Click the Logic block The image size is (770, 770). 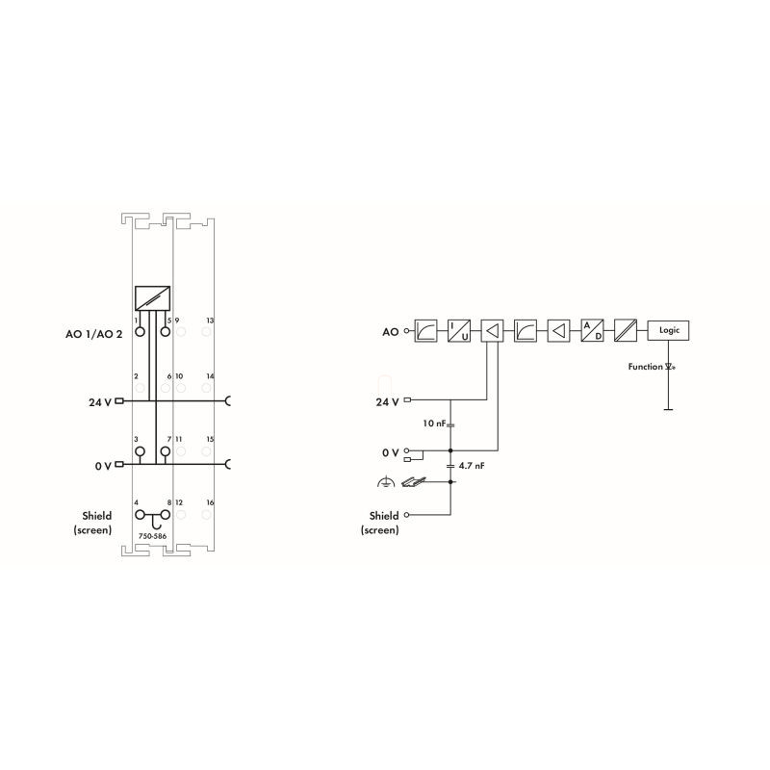pos(668,330)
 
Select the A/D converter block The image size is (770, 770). pos(592,330)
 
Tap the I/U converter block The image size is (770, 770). pos(459,330)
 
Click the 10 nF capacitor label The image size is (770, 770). pos(434,423)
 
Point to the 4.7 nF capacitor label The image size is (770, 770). pos(472,466)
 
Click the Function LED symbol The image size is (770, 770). pos(669,367)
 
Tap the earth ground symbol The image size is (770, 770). pos(386,482)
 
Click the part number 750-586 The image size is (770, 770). pos(152,536)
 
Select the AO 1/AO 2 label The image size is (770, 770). pos(93,334)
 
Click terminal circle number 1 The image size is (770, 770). pos(140,331)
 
